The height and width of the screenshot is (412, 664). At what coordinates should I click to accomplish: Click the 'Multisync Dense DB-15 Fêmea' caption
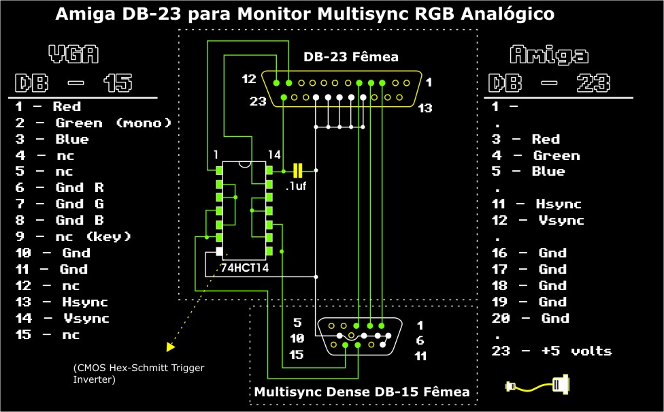[361, 392]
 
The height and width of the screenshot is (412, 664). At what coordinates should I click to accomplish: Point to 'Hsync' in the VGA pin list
[81, 302]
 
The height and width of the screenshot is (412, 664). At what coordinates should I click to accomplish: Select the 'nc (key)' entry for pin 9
[93, 236]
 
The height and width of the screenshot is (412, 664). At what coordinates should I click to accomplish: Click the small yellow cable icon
[538, 385]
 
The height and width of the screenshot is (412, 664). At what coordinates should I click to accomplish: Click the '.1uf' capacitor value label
[295, 185]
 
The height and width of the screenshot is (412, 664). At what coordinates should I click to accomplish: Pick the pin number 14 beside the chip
[274, 154]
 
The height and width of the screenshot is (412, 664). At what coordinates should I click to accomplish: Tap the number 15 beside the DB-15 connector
[296, 355]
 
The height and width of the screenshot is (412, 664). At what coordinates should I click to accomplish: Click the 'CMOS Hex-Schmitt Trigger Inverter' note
[138, 373]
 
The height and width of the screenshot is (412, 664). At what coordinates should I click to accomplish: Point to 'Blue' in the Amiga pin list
[548, 171]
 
